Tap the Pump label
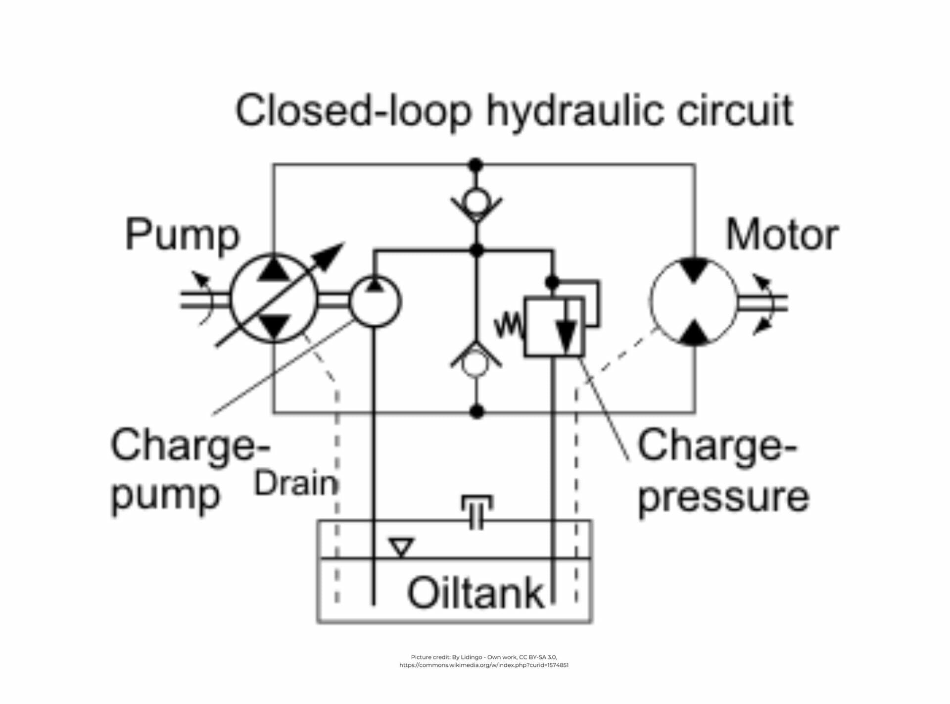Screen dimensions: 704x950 pos(182,235)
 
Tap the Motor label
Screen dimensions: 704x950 pos(782,235)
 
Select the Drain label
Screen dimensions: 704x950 pos(295,483)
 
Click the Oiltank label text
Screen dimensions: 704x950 pos(475,593)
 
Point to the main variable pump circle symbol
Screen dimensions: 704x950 pos(274,299)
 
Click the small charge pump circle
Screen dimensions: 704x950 pos(375,302)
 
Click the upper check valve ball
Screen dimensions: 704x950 pos(476,201)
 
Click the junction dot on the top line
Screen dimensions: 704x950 pos(476,165)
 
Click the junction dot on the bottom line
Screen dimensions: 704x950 pos(476,411)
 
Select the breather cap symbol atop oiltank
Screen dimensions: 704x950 pos(476,510)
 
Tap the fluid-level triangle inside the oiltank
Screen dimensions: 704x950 pos(401,547)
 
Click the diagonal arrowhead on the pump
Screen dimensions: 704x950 pos(330,255)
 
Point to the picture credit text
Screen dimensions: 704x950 pos(483,661)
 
